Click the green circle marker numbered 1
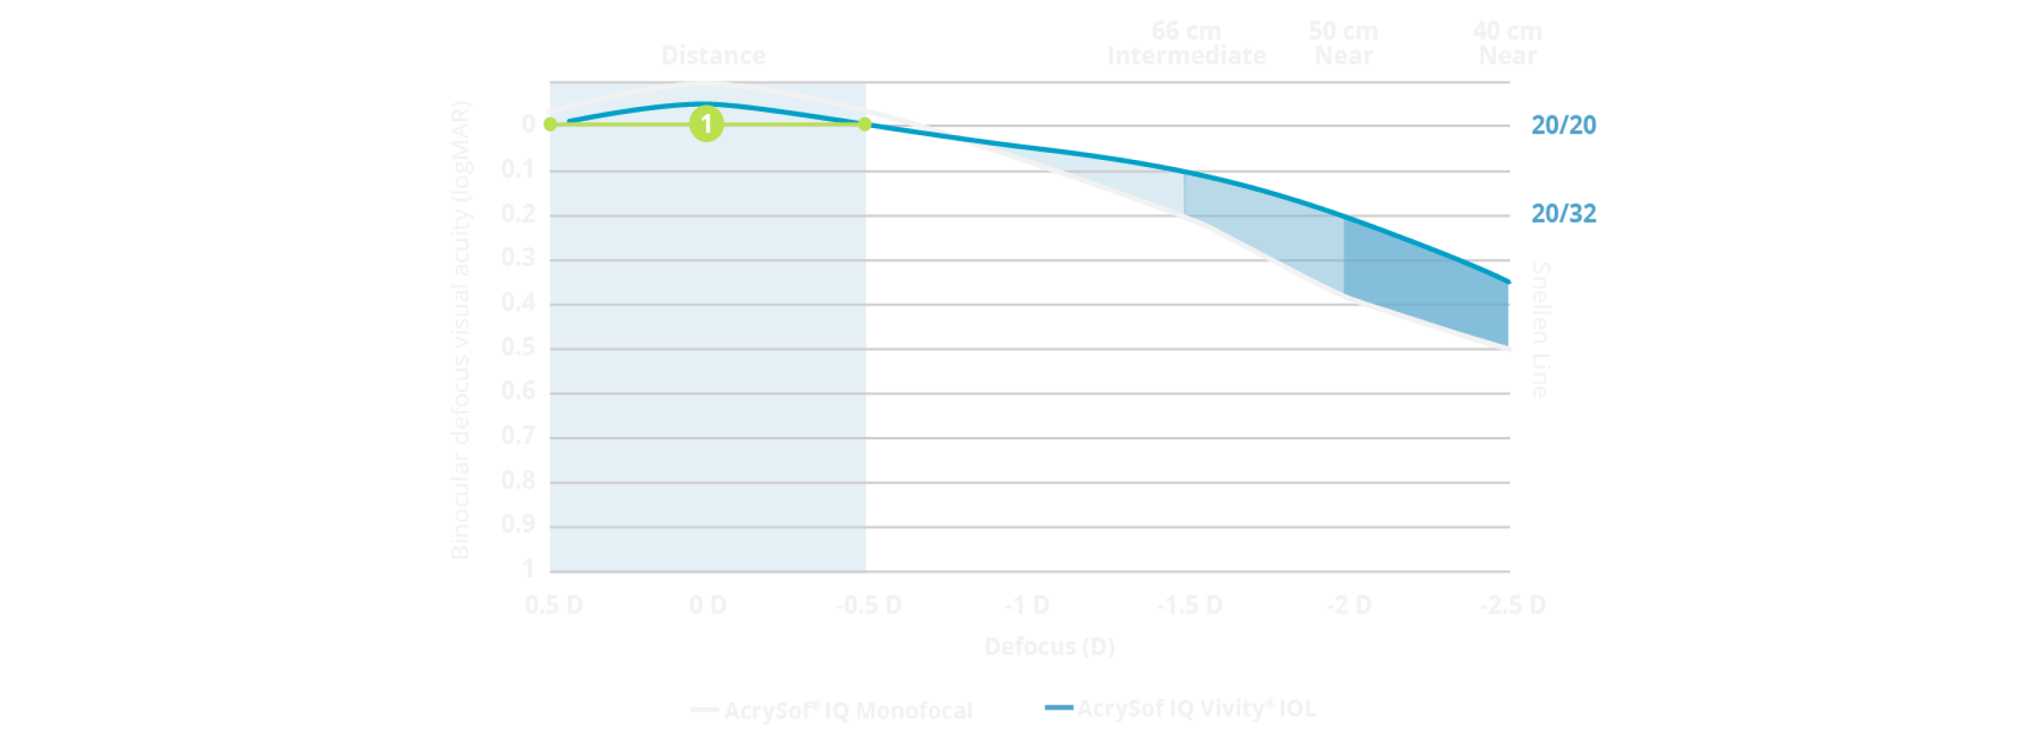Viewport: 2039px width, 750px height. point(706,125)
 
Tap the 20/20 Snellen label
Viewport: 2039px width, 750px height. point(1563,125)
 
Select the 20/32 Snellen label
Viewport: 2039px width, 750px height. point(1563,214)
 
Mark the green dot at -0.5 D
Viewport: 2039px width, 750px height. point(865,125)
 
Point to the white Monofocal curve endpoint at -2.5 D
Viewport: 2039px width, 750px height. point(1509,348)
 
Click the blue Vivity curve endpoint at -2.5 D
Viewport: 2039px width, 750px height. point(1509,282)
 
